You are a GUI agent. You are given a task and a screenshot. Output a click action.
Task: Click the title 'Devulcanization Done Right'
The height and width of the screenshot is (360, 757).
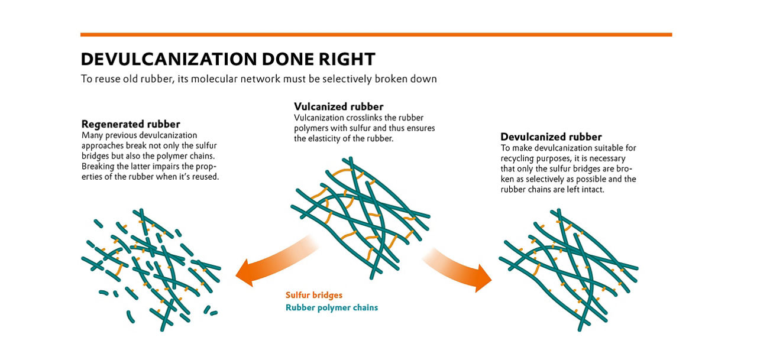228,59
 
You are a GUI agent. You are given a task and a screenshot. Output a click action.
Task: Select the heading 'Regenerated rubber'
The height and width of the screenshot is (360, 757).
130,125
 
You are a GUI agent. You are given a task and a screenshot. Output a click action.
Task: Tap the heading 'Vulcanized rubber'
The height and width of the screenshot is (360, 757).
338,107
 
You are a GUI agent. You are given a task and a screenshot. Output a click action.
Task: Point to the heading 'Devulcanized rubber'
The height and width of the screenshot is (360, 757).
551,137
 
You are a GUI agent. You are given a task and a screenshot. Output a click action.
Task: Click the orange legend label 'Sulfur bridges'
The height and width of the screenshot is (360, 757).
313,295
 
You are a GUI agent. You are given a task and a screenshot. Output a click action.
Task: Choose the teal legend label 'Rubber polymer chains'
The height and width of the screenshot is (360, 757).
331,307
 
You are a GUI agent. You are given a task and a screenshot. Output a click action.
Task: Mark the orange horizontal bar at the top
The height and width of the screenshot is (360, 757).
376,34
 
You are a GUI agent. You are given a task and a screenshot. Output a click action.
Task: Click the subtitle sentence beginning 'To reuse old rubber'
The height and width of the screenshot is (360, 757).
258,79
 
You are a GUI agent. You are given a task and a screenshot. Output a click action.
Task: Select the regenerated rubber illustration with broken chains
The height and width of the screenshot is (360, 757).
151,266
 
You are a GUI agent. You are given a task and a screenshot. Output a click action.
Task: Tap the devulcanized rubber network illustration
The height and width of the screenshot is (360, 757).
568,269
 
